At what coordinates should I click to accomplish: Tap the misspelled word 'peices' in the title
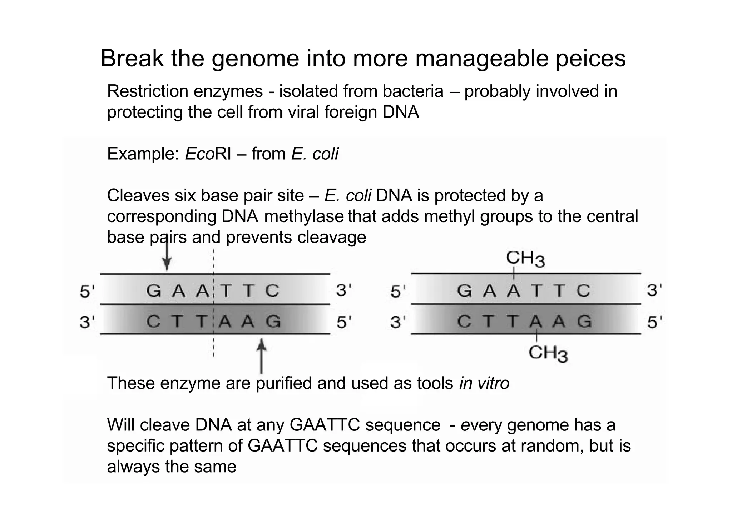[x=590, y=59]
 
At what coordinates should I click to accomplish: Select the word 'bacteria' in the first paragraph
[x=413, y=91]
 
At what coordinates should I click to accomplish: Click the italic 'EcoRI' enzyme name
[x=208, y=154]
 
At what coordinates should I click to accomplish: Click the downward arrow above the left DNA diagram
[x=167, y=255]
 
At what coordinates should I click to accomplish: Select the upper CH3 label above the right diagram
[x=525, y=258]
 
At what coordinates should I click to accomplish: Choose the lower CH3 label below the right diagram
[x=548, y=354]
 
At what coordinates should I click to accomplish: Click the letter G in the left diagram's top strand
[x=154, y=290]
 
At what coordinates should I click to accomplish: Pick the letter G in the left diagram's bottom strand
[x=273, y=322]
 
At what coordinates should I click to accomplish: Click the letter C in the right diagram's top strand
[x=583, y=290]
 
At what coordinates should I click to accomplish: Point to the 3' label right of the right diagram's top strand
[x=654, y=290]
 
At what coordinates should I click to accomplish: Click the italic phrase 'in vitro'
[x=484, y=383]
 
